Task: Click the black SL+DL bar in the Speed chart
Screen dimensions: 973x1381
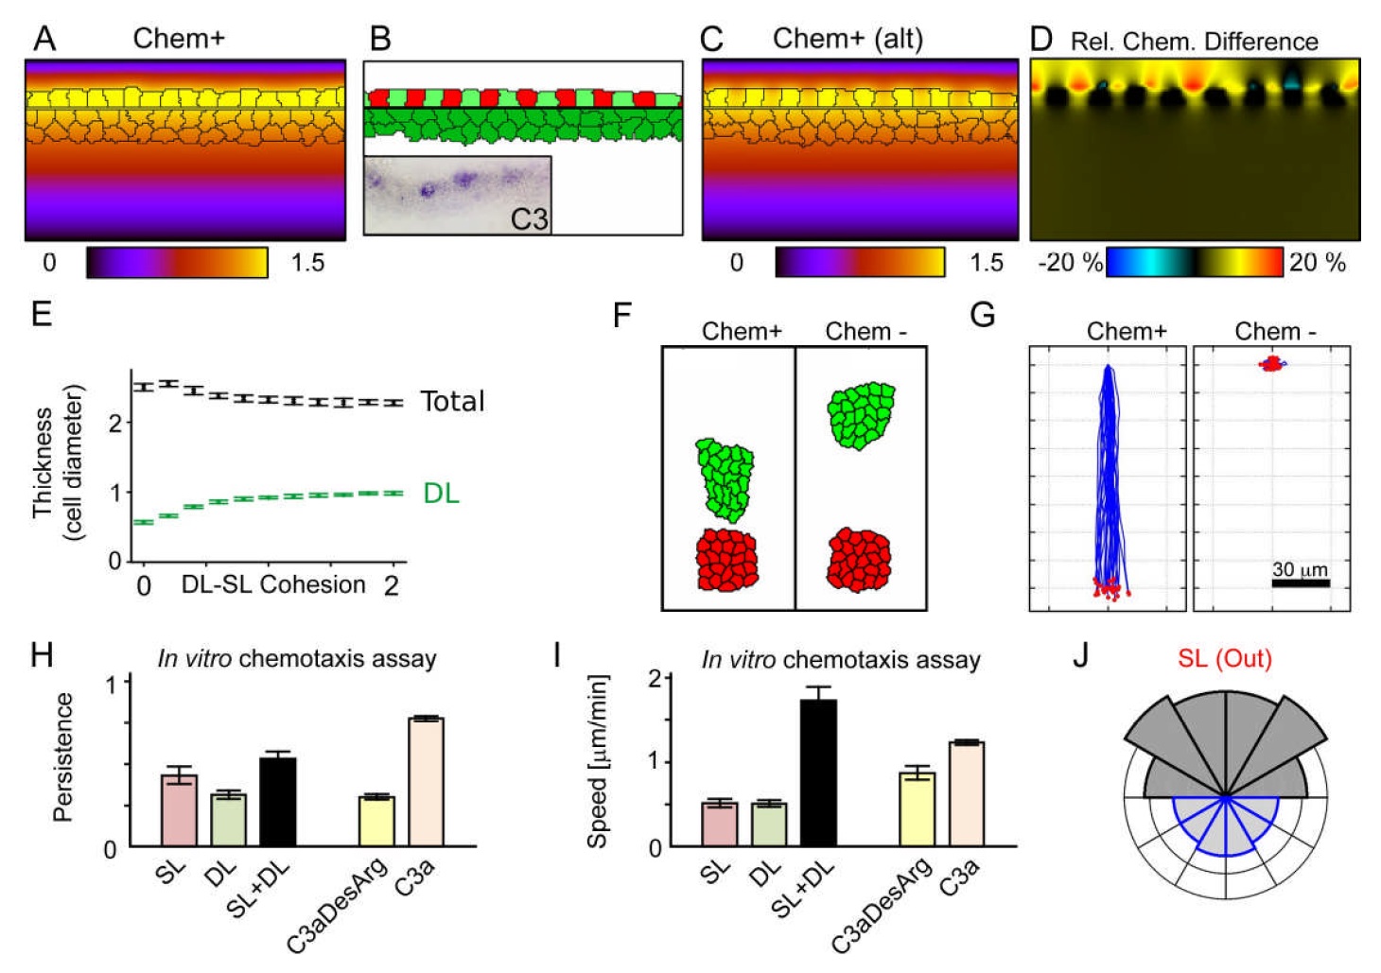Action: [x=818, y=772]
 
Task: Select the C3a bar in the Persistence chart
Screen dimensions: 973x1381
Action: [x=426, y=782]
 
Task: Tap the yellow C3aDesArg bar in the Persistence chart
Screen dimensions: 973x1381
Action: [x=376, y=821]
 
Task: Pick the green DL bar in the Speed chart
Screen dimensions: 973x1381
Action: [x=768, y=824]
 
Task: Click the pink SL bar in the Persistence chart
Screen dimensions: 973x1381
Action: [x=179, y=809]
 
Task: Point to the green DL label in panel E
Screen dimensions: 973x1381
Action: [x=441, y=494]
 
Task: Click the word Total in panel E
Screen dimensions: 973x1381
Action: [x=452, y=402]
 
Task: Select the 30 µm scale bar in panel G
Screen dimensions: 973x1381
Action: [x=1301, y=583]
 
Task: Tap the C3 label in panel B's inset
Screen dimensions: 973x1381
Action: [x=529, y=219]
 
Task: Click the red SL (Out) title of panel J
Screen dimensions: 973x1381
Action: [x=1225, y=658]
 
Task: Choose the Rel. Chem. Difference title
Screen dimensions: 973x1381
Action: [x=1194, y=42]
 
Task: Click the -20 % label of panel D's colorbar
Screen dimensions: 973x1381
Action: [x=1071, y=263]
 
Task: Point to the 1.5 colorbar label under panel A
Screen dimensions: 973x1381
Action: [x=307, y=263]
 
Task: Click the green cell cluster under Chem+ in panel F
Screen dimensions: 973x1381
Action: [x=725, y=480]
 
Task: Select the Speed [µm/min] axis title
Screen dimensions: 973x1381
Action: [x=598, y=761]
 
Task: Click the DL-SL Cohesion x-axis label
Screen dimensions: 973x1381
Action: [x=273, y=584]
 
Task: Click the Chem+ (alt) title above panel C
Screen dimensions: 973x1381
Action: [x=848, y=39]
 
